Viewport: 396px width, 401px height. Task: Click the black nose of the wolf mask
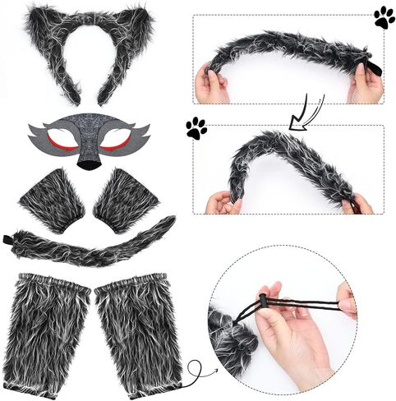(x=86, y=162)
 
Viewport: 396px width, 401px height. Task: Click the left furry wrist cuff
(x=52, y=199)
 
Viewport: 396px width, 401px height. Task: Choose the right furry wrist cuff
(x=128, y=200)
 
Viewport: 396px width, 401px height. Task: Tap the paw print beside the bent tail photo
(x=196, y=127)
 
